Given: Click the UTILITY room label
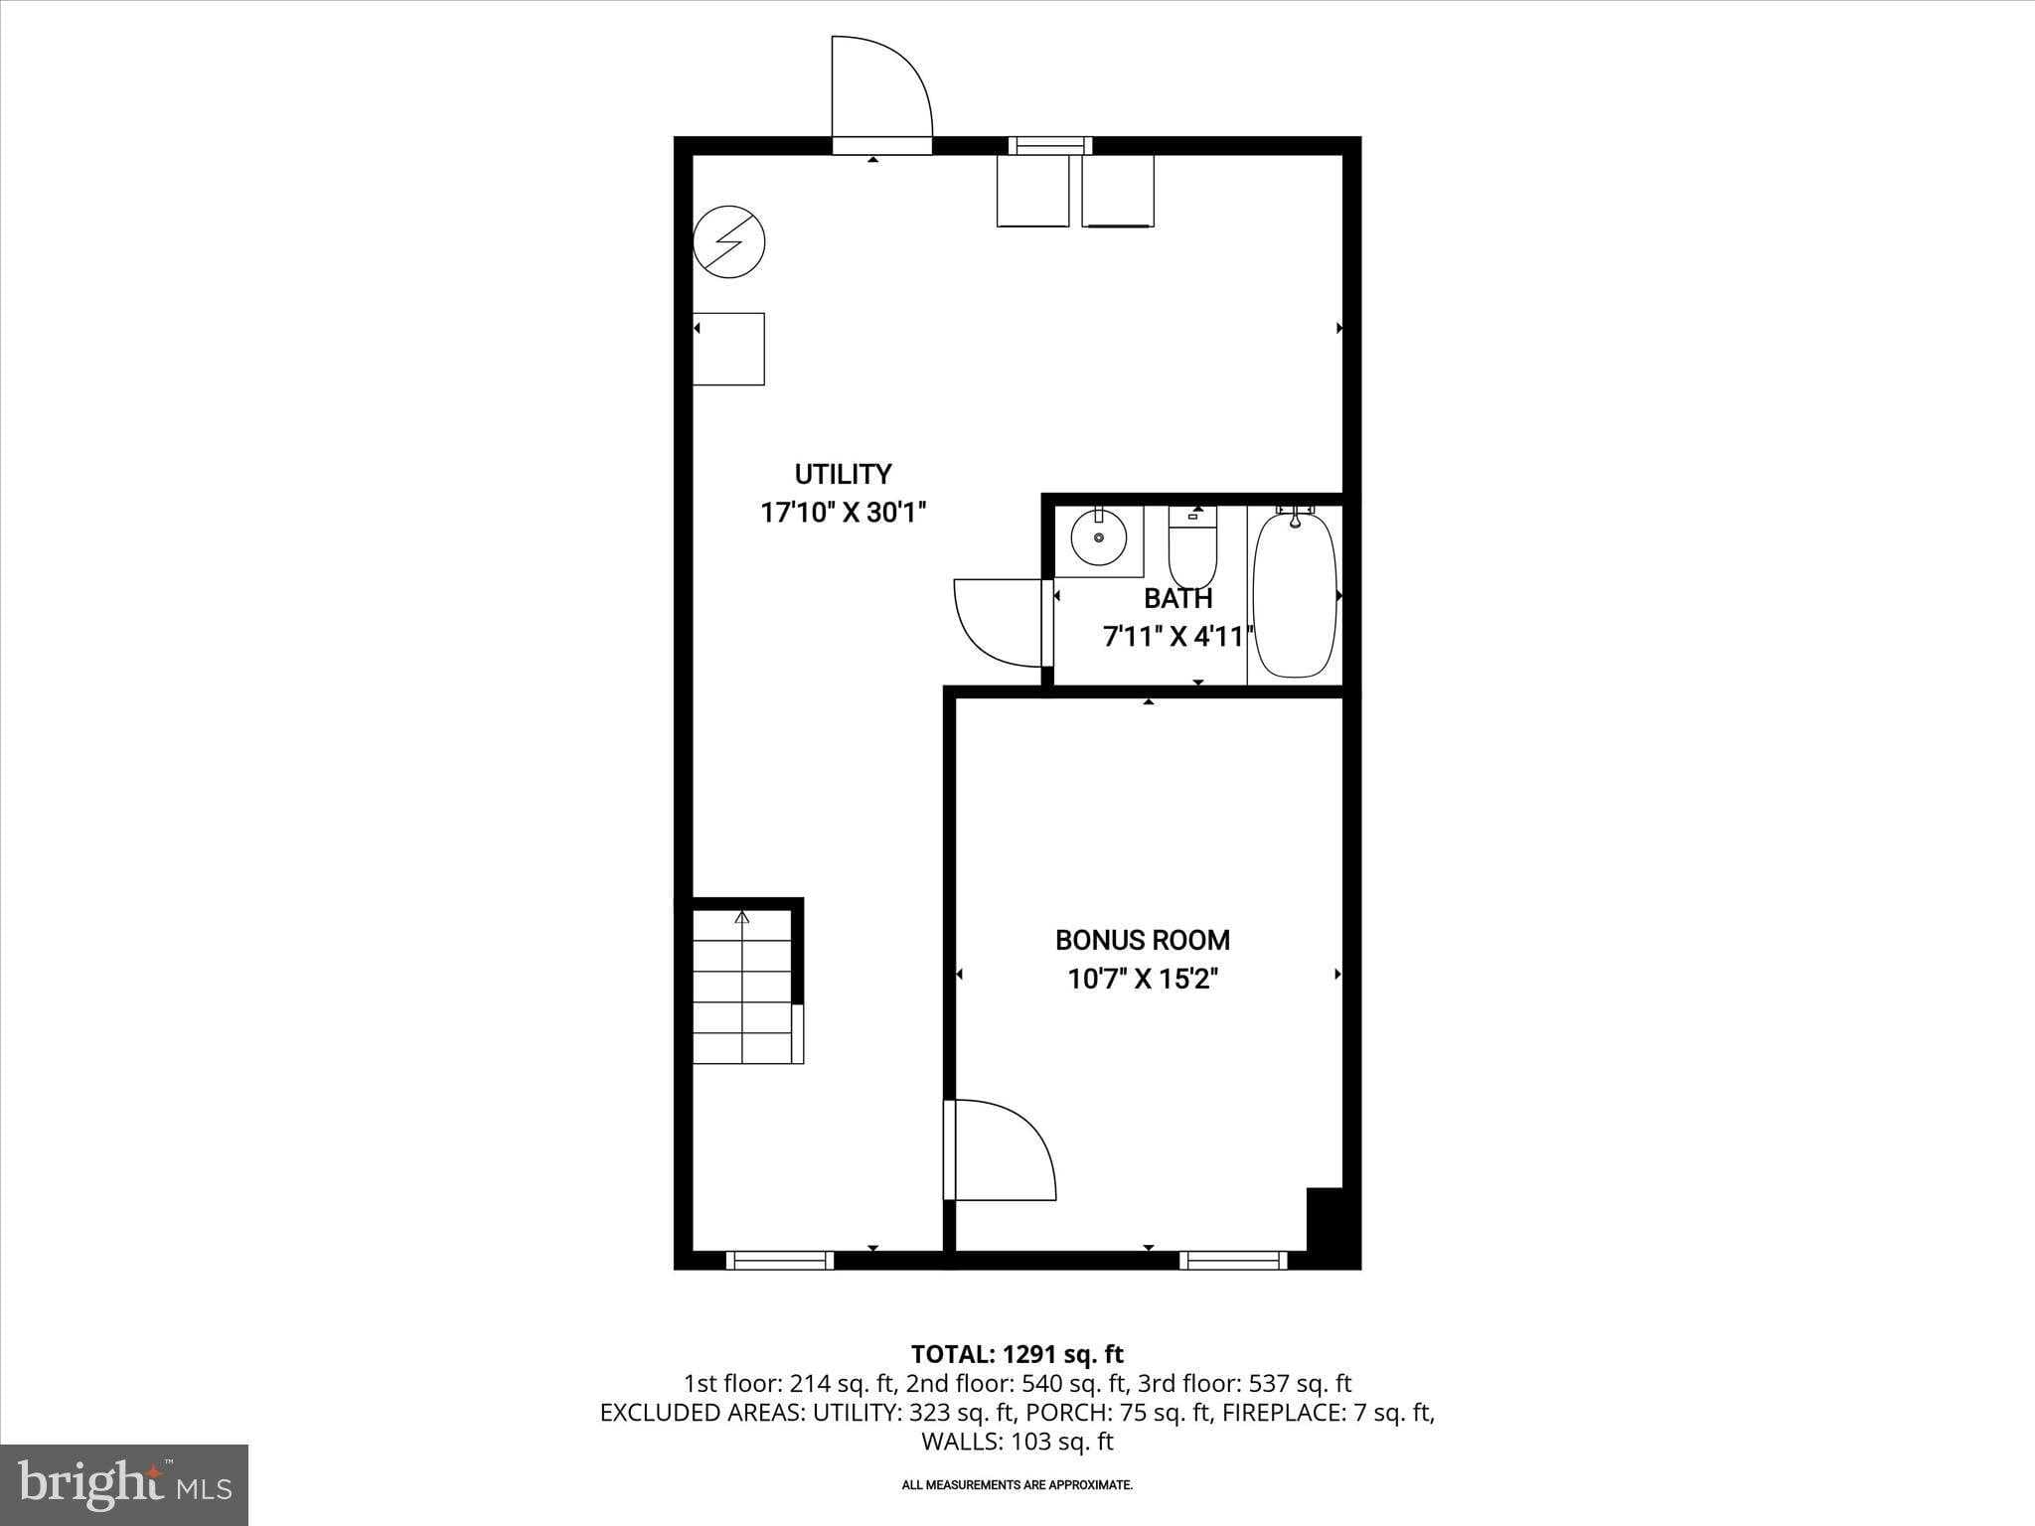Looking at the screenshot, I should tap(843, 474).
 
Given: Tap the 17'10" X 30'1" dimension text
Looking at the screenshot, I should tap(843, 513).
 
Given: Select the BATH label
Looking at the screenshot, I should tap(1177, 598).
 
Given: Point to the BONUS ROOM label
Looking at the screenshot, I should tap(1142, 940).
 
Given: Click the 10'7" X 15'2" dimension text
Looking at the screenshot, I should tap(1142, 980).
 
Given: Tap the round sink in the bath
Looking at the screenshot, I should tap(1098, 537).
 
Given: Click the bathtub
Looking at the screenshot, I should tap(1294, 594).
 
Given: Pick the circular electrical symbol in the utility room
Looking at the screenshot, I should tap(728, 241).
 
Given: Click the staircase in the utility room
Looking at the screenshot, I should tap(741, 989).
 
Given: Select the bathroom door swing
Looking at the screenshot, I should tap(996, 621).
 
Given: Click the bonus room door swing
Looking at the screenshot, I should tap(1002, 1149).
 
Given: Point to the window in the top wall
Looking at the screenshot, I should tap(1050, 146).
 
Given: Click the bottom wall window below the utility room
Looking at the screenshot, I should tap(780, 1261).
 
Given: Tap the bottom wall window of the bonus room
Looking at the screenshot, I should tap(1233, 1261).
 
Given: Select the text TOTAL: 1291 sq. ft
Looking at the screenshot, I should tap(1017, 1354).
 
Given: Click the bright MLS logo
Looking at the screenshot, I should tap(124, 1485).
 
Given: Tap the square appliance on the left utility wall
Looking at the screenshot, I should tap(728, 349).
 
